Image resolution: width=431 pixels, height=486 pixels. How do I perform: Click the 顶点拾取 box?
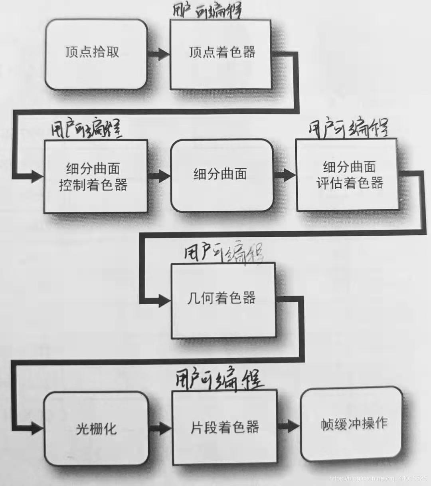click(96, 54)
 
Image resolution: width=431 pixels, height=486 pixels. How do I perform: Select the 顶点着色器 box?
click(221, 54)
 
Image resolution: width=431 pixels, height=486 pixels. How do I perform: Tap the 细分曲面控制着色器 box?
click(95, 177)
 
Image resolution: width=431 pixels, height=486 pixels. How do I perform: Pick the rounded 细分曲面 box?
click(221, 175)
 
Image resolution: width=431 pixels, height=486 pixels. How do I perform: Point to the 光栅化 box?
click(96, 428)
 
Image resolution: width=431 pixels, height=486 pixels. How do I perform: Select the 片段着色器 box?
click(224, 427)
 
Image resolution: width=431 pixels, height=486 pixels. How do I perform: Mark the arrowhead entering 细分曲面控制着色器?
click(37, 176)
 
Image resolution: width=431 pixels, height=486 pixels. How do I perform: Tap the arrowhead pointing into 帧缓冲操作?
click(293, 426)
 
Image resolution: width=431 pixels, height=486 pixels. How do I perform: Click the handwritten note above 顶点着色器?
click(208, 11)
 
